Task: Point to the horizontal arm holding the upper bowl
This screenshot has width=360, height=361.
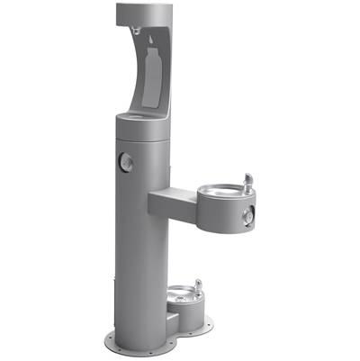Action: pos(171,200)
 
